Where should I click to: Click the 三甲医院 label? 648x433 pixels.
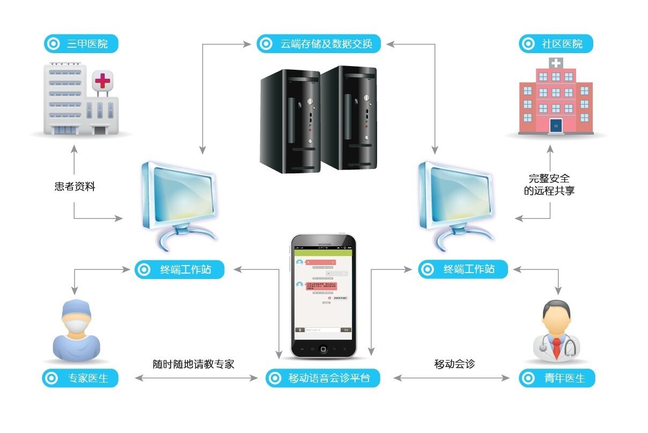[80, 44]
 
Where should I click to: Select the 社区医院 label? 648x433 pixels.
[556, 44]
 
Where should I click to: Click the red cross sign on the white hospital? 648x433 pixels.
[102, 81]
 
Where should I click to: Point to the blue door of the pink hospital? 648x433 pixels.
[556, 126]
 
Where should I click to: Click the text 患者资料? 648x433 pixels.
[75, 187]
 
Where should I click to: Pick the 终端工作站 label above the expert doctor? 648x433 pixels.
[179, 269]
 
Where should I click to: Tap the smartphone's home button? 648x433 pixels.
[323, 349]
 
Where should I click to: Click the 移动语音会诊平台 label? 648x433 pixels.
[322, 378]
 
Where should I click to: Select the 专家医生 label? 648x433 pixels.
[80, 378]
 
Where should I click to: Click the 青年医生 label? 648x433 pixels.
[557, 378]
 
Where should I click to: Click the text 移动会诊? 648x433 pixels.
[454, 364]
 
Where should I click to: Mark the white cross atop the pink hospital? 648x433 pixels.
[556, 63]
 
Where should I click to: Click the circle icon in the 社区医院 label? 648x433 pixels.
[528, 44]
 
